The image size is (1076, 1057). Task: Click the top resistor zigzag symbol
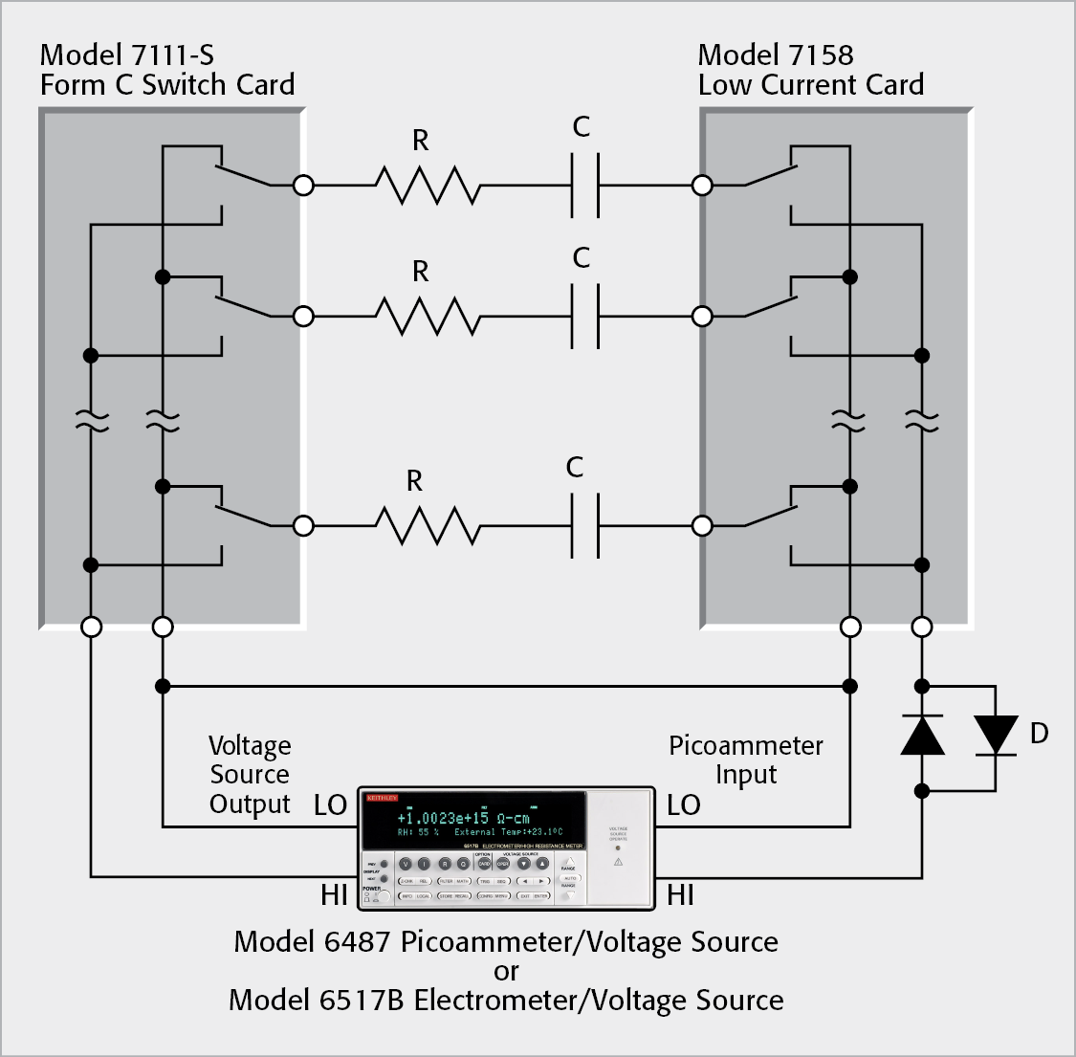(428, 185)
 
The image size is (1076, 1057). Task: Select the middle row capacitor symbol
(584, 316)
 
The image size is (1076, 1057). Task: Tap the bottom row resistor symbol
(428, 525)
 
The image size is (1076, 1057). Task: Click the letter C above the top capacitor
(581, 127)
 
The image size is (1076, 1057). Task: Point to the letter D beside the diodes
(1039, 734)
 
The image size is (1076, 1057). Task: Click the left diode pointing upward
(922, 735)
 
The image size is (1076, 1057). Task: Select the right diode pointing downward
(995, 735)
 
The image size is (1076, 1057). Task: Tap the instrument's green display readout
(474, 822)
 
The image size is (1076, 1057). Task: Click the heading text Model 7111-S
(127, 55)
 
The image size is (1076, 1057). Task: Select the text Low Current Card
(810, 85)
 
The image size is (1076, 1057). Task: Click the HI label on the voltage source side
(334, 895)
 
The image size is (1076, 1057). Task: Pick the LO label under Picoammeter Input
(683, 805)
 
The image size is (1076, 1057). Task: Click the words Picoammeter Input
(745, 760)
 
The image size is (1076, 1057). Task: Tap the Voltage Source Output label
(250, 775)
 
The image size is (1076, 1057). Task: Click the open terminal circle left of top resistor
(303, 185)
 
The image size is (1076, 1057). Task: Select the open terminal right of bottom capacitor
(702, 525)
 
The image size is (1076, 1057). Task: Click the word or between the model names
(506, 972)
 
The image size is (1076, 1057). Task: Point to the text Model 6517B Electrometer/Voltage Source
(506, 1001)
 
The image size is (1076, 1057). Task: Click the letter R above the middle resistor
(420, 272)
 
